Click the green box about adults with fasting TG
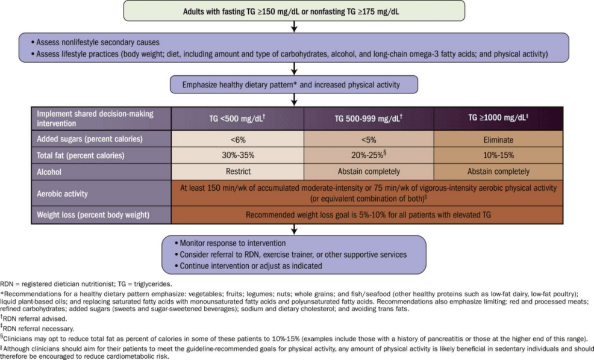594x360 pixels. (294, 11)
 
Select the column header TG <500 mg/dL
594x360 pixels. (237, 119)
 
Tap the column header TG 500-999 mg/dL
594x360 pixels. (369, 119)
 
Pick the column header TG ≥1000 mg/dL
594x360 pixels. (498, 118)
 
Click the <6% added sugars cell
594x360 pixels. (237, 140)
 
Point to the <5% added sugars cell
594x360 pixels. (369, 140)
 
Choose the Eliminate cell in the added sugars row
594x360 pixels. (498, 140)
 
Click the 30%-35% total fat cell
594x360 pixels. (237, 155)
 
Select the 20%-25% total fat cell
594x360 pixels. (369, 155)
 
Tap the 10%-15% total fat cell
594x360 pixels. (498, 155)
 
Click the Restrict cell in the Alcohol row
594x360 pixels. (237, 172)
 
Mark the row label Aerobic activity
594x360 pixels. (62, 194)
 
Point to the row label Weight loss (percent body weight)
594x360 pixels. (93, 215)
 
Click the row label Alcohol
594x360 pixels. (49, 172)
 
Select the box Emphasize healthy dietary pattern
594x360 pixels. (293, 84)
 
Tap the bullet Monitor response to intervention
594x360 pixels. (230, 243)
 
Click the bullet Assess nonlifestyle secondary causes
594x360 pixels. (95, 42)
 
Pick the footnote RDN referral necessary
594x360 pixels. (37, 328)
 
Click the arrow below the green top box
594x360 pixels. (294, 27)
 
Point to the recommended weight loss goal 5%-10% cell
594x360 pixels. (367, 215)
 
